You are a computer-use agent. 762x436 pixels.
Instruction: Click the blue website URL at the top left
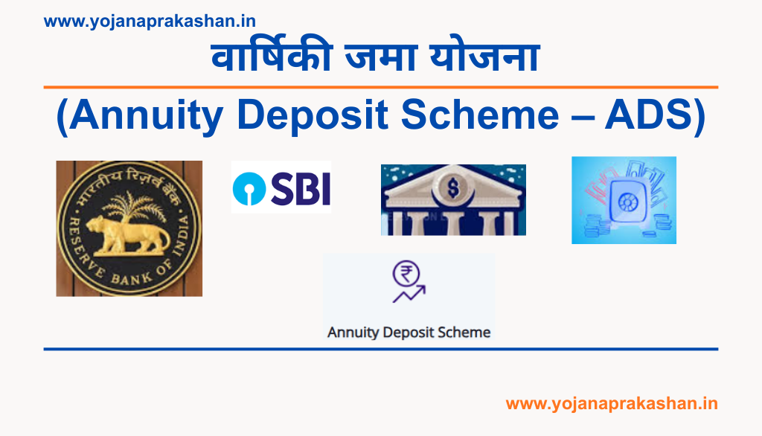[x=150, y=22]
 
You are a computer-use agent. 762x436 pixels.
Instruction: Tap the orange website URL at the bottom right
[x=612, y=403]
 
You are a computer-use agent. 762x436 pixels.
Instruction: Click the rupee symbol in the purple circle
[x=407, y=275]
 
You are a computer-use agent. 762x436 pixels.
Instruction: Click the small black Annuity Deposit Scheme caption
[x=409, y=332]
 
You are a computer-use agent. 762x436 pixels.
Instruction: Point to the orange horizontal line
[x=381, y=87]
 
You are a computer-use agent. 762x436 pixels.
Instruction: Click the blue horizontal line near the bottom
[x=381, y=348]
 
